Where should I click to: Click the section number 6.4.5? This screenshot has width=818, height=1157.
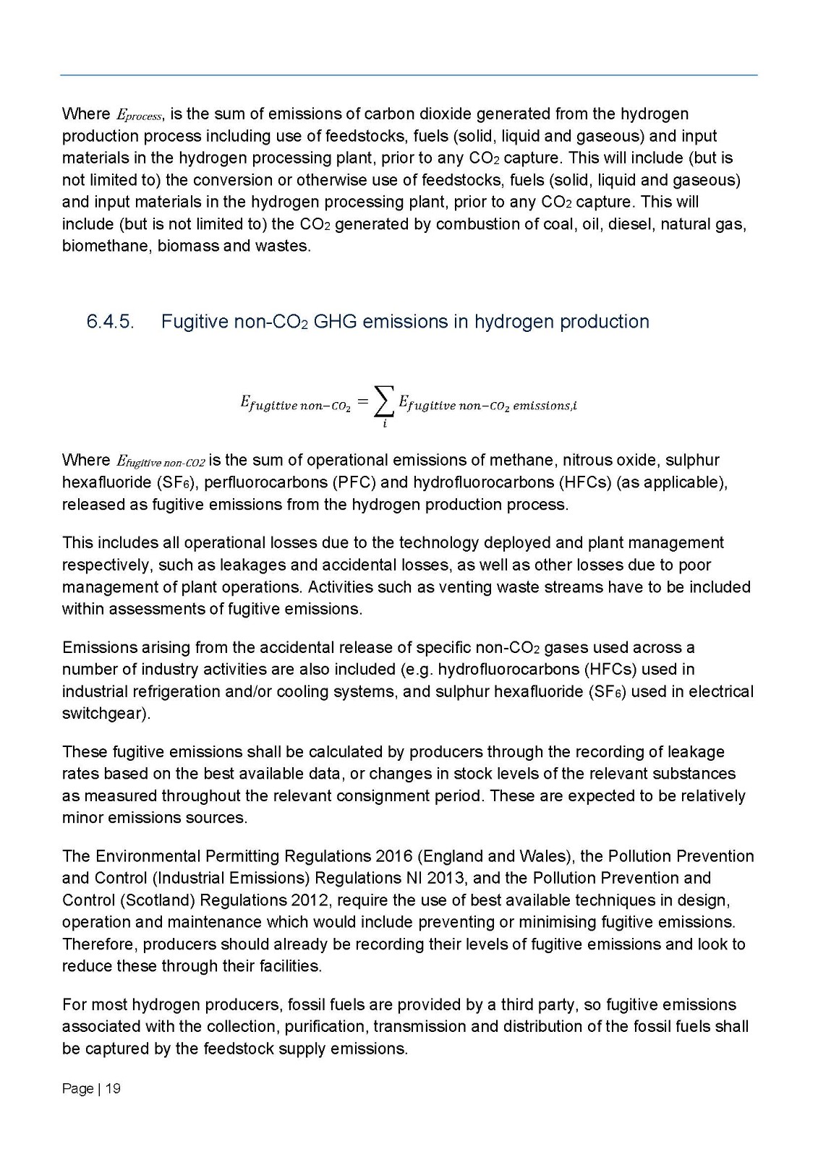pos(110,322)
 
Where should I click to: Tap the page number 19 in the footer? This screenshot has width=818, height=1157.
pos(113,1088)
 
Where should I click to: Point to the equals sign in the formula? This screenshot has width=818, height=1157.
pos(363,400)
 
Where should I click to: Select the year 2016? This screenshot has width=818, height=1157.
pos(394,856)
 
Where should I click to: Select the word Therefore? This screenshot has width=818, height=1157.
pos(99,944)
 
